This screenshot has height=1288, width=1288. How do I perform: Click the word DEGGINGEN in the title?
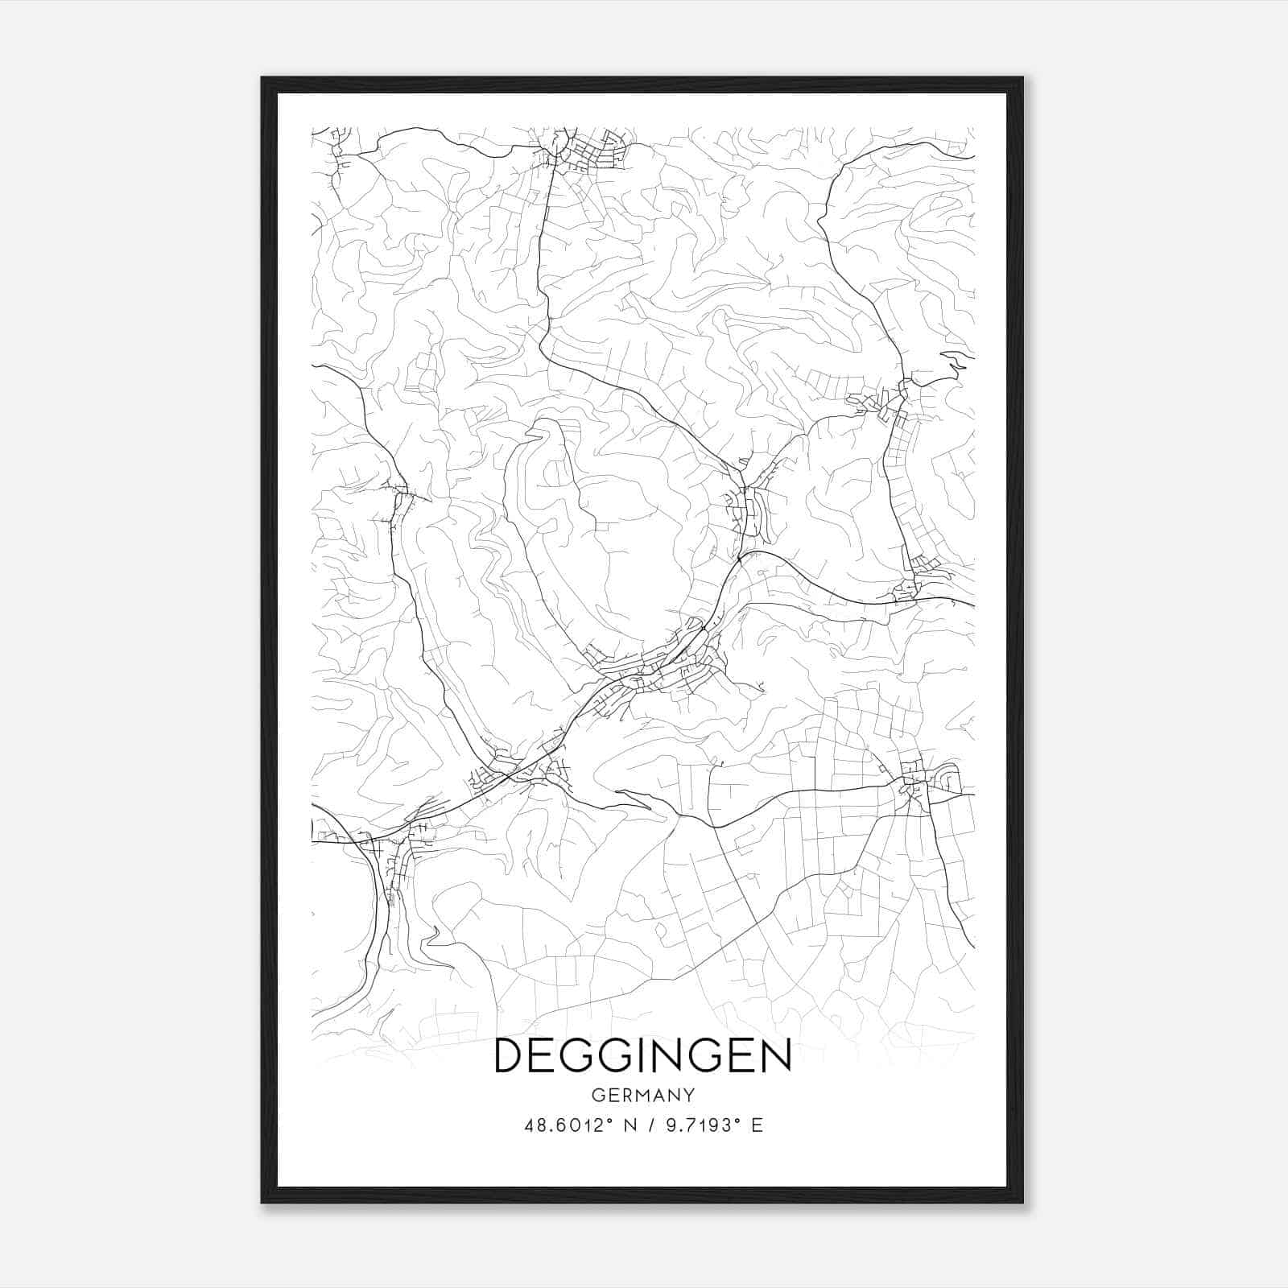tap(642, 1056)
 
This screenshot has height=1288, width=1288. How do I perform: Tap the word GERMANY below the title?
tap(642, 1096)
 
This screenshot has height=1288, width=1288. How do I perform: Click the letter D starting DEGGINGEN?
tap(510, 1056)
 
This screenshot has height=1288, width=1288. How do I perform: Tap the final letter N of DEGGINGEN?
tap(775, 1056)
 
